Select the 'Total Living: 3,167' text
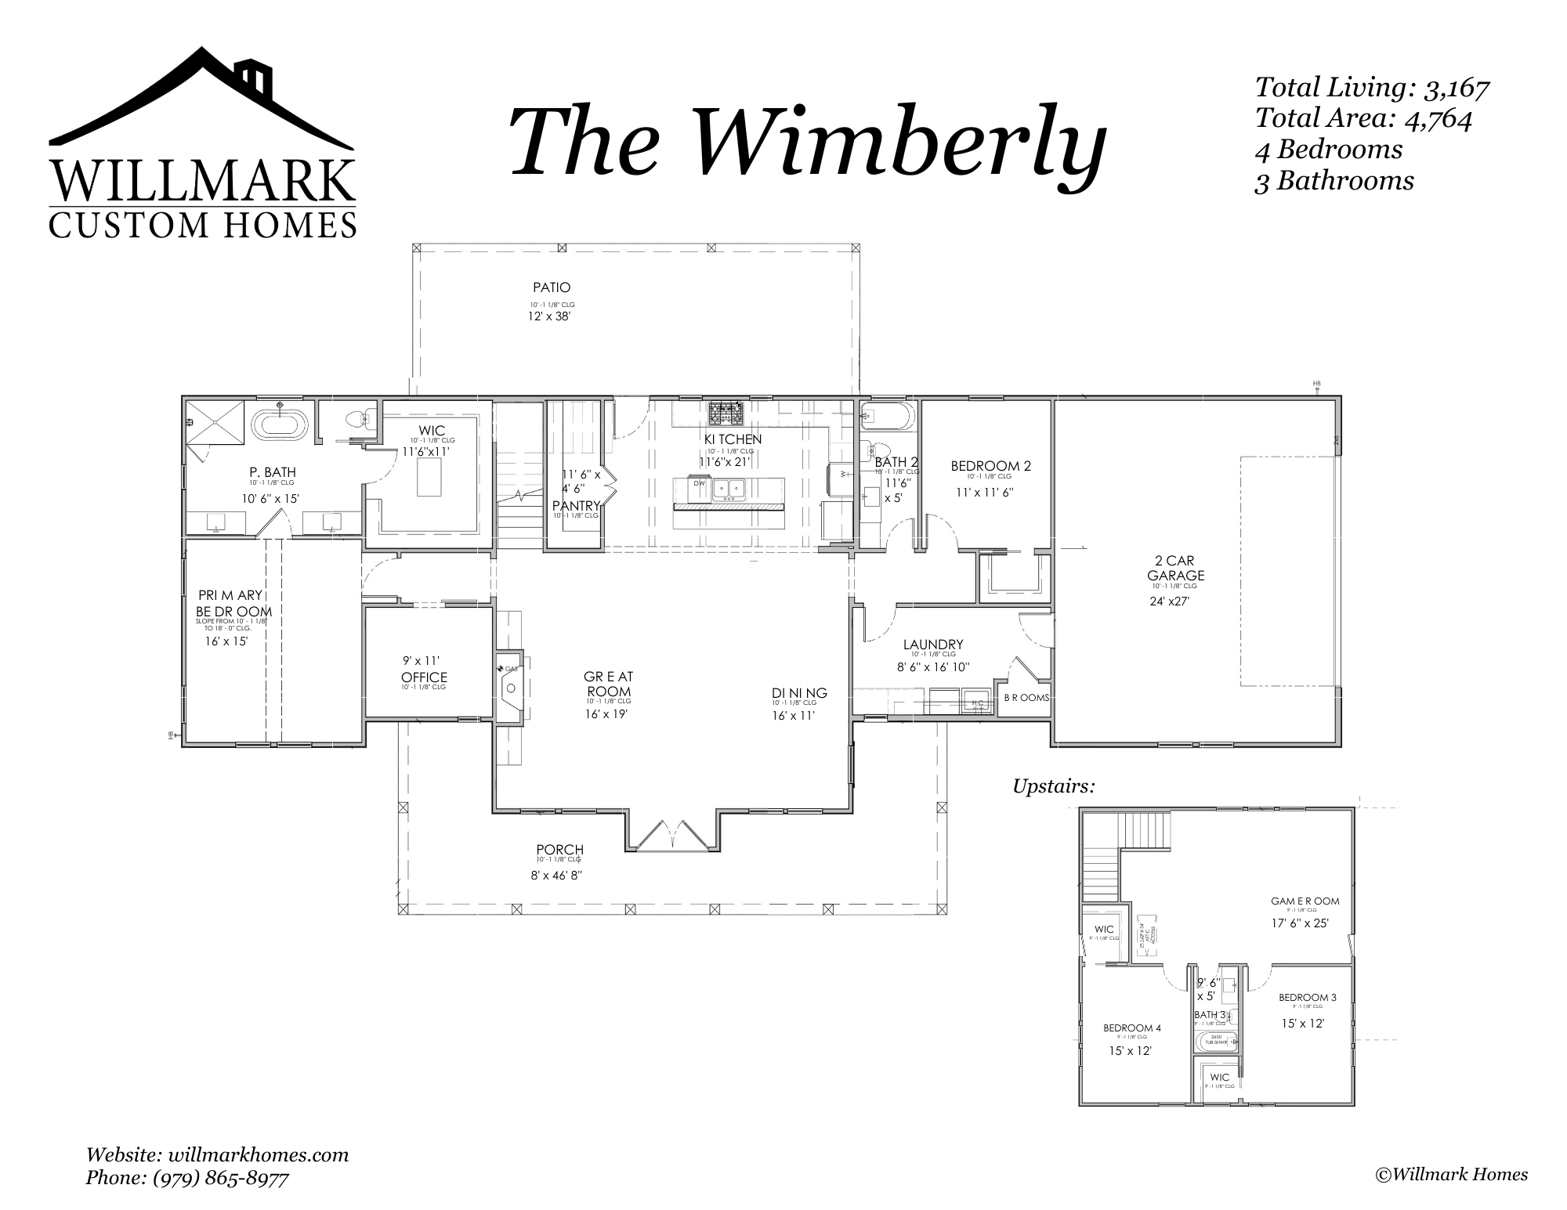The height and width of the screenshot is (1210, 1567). click(x=1371, y=88)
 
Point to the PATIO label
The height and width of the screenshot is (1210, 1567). click(x=552, y=287)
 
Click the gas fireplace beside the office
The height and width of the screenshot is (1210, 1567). click(x=510, y=687)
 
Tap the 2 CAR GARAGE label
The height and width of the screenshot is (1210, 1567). click(x=1179, y=568)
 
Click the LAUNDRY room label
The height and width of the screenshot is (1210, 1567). click(x=932, y=645)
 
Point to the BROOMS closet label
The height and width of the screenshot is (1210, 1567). click(x=1026, y=697)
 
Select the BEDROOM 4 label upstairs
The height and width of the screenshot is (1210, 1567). click(x=1132, y=1028)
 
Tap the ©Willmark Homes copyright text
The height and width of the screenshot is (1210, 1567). click(x=1451, y=1174)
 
